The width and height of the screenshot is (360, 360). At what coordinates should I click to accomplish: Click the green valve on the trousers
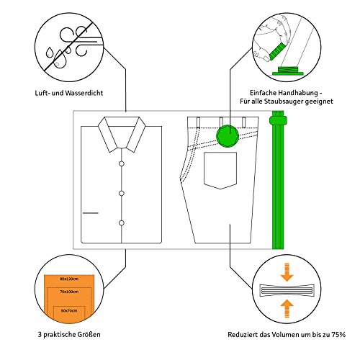(x=227, y=136)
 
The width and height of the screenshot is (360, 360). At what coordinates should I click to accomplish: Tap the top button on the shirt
(x=122, y=163)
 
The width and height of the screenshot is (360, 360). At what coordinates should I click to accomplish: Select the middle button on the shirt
(x=122, y=193)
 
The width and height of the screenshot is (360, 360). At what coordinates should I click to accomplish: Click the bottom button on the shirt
(x=122, y=223)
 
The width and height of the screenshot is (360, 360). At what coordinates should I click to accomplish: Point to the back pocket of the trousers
(x=220, y=171)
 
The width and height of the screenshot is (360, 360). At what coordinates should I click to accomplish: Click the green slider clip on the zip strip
(x=278, y=120)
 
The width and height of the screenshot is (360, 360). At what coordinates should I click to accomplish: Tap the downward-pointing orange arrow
(x=287, y=272)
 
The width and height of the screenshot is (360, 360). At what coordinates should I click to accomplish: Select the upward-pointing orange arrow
(x=287, y=309)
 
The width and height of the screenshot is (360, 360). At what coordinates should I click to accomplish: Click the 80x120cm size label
(x=69, y=279)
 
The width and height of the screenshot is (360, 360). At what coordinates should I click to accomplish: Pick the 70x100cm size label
(x=69, y=292)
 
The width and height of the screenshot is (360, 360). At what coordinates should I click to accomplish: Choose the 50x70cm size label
(x=69, y=310)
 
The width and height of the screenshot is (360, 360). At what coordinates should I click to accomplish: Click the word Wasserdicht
(x=84, y=93)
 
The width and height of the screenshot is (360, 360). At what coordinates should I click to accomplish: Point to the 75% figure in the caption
(x=338, y=335)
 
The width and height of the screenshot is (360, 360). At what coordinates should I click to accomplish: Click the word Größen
(x=89, y=335)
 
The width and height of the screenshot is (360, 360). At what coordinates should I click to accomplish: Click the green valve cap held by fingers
(x=277, y=51)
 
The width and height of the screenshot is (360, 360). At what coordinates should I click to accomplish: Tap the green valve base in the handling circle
(x=288, y=71)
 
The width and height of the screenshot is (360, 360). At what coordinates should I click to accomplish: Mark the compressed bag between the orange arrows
(x=287, y=291)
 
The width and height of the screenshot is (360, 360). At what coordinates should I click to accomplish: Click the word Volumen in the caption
(x=286, y=335)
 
